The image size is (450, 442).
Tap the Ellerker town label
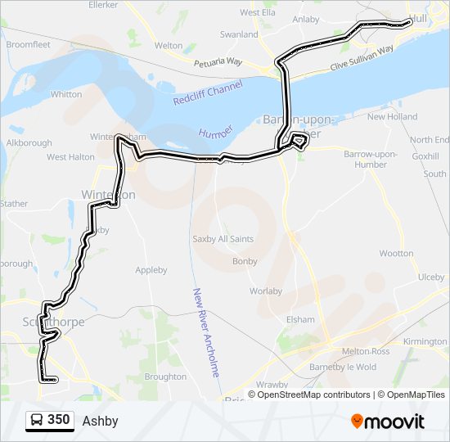(102, 5)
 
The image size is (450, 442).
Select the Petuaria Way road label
(218, 62)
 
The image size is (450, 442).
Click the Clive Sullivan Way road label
(362, 58)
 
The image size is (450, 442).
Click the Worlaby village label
(265, 291)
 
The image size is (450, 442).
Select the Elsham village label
(300, 319)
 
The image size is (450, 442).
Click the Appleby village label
(151, 270)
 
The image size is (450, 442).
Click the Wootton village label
(397, 254)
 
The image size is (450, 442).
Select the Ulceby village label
(430, 277)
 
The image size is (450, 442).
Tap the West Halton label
(70, 156)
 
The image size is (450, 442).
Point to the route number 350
(59, 420)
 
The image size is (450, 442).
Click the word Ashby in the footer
(100, 422)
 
